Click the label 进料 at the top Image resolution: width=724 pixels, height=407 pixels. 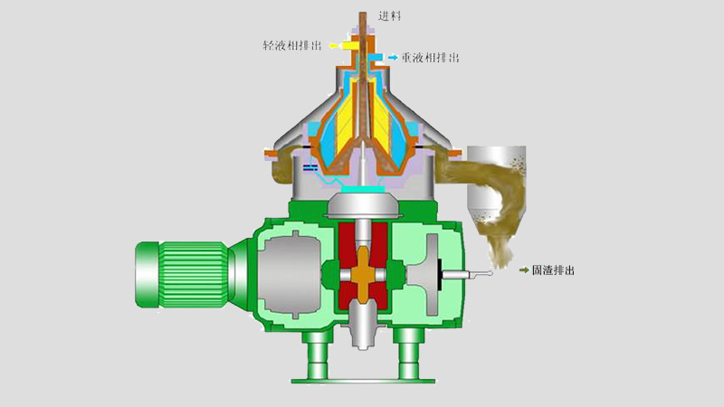tap(389, 16)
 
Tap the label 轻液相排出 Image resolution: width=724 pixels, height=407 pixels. tap(292, 45)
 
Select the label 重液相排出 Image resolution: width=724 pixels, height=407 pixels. tap(431, 58)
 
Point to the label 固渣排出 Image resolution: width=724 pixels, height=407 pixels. tap(553, 270)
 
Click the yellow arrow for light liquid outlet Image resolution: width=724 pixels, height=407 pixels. tap(334, 45)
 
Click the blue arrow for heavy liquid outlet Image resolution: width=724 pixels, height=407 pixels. tap(393, 57)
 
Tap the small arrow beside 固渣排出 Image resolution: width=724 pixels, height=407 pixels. tap(524, 270)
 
